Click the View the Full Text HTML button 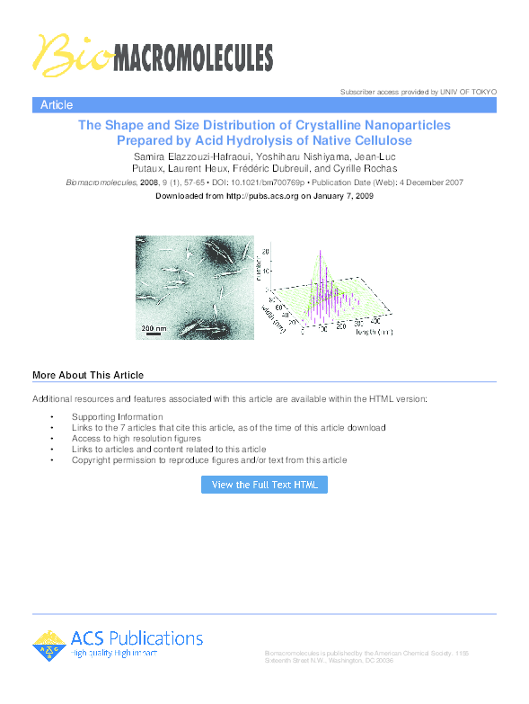264,485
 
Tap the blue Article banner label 57,105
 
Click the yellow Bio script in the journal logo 66,56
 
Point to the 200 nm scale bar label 154,329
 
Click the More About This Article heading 88,375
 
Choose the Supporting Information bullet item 118,417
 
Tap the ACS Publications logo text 137,638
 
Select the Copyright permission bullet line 209,460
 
